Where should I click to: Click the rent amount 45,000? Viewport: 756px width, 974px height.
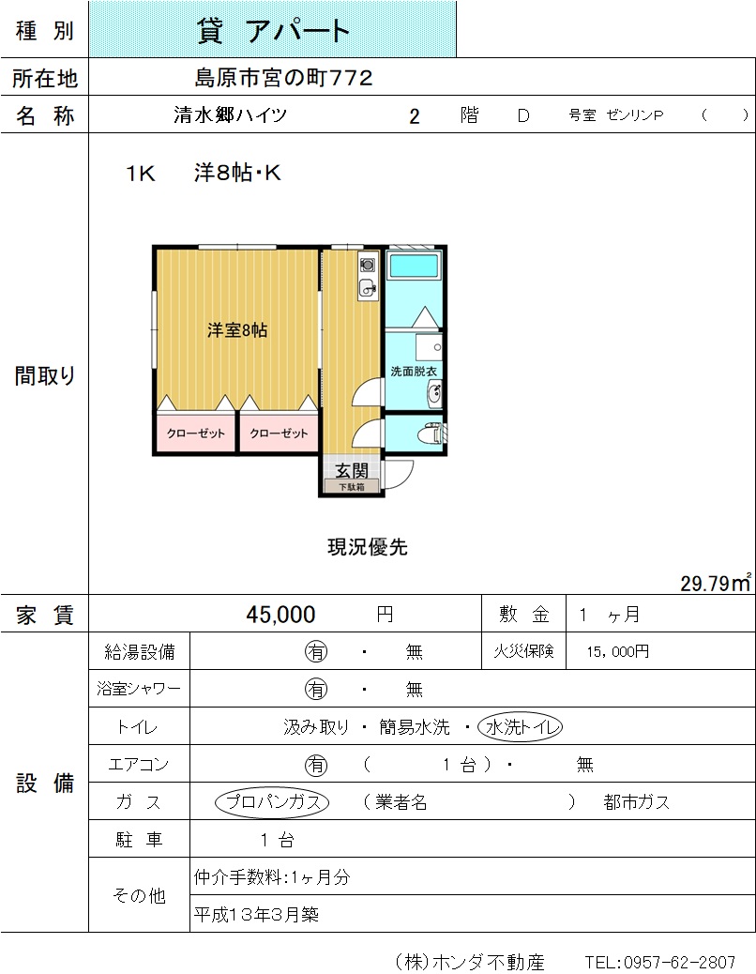pos(280,615)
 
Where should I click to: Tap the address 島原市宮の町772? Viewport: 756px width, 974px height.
pos(283,78)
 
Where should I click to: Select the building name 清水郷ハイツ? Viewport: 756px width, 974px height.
pos(231,114)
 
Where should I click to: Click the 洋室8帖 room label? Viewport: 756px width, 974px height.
pos(237,330)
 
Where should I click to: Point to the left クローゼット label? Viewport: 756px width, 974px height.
pos(195,433)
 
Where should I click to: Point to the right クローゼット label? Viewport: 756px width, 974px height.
pos(279,433)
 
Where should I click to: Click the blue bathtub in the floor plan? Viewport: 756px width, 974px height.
pos(414,265)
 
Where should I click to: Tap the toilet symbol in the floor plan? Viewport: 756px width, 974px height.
pos(431,433)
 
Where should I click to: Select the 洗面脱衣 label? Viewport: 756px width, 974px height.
pos(414,372)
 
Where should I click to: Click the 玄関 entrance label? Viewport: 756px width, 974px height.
pos(352,470)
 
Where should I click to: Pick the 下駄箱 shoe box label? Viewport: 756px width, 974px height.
pos(352,486)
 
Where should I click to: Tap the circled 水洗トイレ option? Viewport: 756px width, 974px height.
pos(521,727)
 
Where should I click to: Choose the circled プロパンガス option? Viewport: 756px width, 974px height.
pos(272,802)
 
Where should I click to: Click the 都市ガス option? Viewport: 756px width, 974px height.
pos(636,802)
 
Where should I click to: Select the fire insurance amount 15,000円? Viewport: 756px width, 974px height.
pos(617,651)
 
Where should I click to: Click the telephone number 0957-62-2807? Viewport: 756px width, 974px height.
pos(679,962)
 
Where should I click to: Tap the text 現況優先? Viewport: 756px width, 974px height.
pos(368,547)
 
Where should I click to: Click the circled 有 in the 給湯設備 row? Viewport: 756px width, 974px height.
pos(316,651)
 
